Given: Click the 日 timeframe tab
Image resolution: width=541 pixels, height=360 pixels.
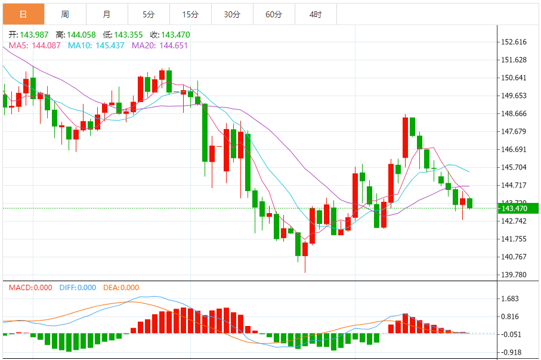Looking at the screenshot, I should (23, 14).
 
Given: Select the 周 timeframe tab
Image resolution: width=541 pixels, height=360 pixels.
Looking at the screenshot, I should (64, 14).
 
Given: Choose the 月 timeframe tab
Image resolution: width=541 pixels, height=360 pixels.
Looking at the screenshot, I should (106, 14).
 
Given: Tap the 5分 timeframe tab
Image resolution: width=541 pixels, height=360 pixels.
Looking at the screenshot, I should (149, 14).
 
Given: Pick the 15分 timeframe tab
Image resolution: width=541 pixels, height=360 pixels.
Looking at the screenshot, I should (190, 14).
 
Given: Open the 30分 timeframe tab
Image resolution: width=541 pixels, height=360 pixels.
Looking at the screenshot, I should (232, 14).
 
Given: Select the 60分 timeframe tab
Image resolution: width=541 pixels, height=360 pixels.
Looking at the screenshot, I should (274, 14).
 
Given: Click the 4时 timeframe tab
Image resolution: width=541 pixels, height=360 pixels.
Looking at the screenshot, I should (316, 14).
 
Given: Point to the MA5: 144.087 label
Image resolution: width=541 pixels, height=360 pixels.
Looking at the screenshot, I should (34, 45).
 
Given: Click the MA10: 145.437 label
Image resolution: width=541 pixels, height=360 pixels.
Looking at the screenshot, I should (96, 45).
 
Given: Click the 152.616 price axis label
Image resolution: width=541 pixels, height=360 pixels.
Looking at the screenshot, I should (514, 42).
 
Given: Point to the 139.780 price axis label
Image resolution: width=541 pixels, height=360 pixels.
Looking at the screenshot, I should (514, 275).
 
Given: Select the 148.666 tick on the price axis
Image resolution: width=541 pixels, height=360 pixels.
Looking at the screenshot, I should (514, 113).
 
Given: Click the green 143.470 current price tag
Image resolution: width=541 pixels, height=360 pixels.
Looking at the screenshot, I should (514, 208).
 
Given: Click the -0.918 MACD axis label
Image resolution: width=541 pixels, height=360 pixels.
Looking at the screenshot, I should (512, 352).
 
